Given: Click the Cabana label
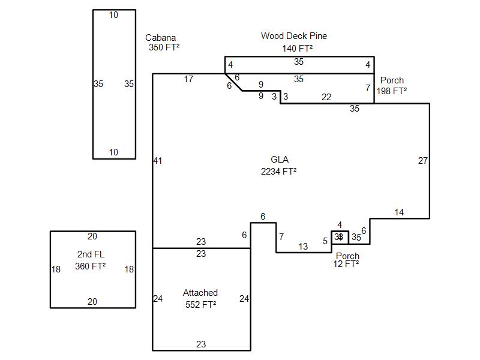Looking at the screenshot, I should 160,38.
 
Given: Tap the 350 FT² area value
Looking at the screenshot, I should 164,47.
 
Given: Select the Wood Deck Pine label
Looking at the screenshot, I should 294,36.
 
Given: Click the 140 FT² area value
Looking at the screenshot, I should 298,49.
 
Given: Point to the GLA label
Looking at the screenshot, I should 280,160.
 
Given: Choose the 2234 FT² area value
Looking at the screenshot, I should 278,171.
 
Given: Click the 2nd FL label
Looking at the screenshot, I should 91,254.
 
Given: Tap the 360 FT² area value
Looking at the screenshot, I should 91,266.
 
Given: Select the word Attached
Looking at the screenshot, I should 200,293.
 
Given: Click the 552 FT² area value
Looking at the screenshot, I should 201,305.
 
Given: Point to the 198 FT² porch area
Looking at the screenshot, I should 392,91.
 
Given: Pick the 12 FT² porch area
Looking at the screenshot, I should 346,264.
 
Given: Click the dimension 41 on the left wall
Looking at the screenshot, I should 158,161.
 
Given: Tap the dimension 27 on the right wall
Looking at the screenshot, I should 423,161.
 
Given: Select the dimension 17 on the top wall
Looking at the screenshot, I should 188,79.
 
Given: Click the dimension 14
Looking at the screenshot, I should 399,212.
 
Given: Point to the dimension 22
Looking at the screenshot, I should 326,97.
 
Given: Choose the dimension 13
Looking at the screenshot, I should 303,247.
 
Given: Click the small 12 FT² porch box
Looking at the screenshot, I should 340,238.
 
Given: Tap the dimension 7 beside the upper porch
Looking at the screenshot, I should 368,88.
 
